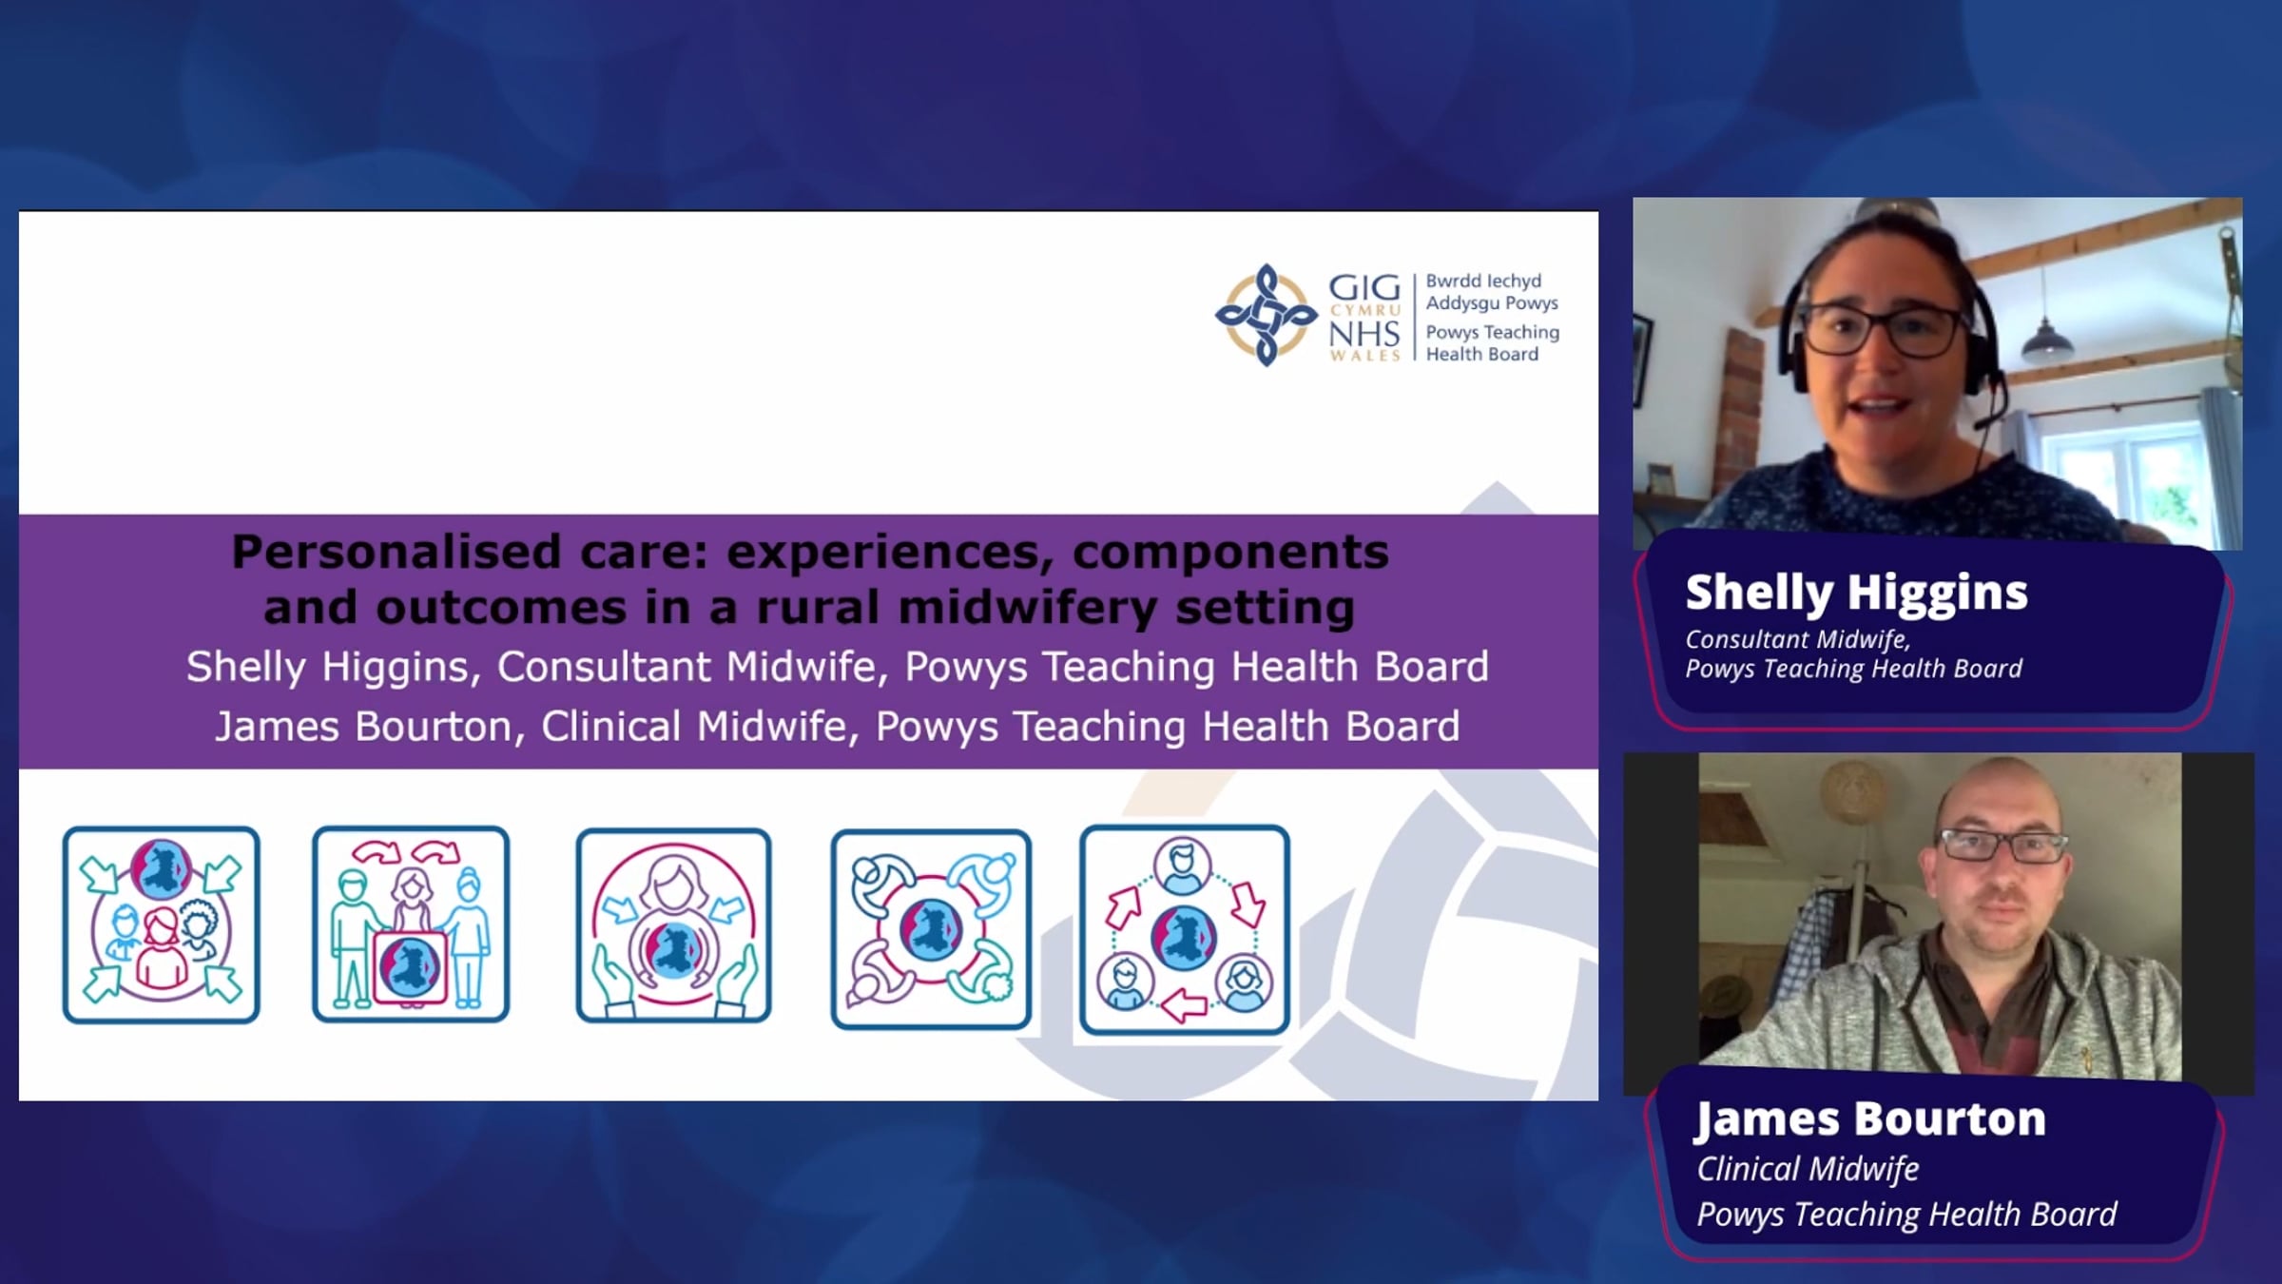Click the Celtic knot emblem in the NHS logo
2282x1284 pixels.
click(1266, 315)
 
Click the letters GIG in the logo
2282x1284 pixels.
click(1364, 286)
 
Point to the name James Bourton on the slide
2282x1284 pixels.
click(364, 727)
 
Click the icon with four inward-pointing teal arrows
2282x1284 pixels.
click(162, 924)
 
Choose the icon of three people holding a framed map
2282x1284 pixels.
click(411, 924)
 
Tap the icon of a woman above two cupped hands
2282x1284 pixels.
click(673, 925)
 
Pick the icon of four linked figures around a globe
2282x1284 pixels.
click(931, 929)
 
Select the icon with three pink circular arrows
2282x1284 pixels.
click(1185, 930)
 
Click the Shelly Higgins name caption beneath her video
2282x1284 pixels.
click(1856, 593)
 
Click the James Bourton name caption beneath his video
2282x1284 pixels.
click(1870, 1119)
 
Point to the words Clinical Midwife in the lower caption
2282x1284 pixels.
click(1808, 1169)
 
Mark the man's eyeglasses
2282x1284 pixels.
click(2002, 845)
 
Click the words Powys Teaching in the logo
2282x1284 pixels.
click(1492, 333)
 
